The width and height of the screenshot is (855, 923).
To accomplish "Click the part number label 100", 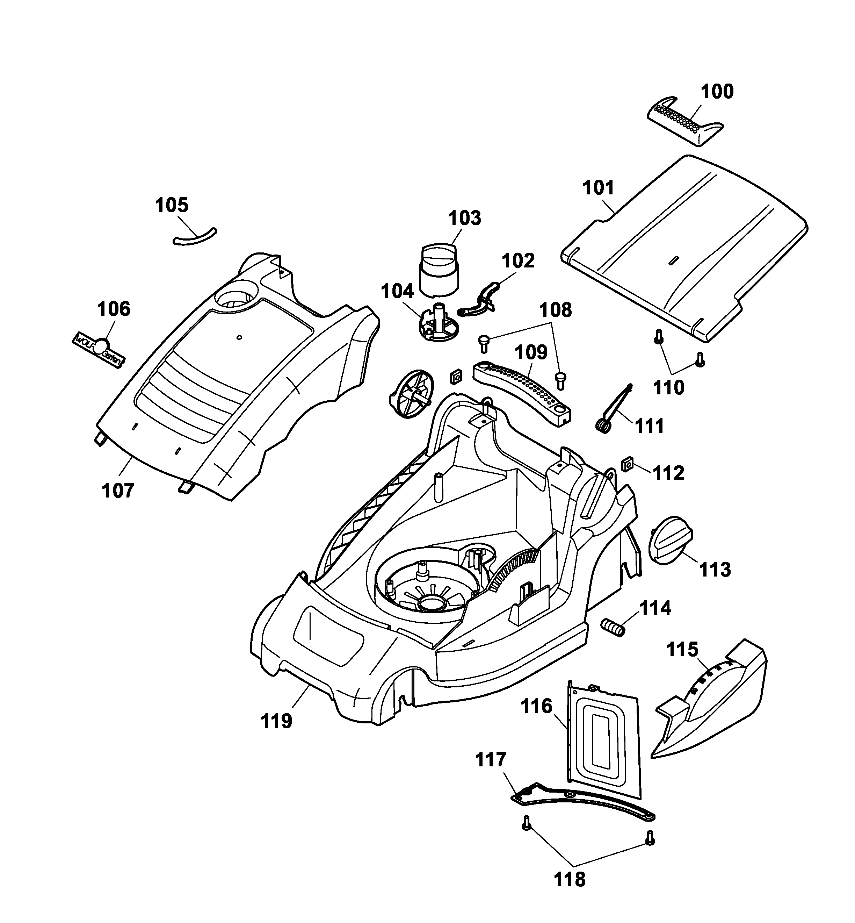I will pos(717,92).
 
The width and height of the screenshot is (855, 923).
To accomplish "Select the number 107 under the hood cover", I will pos(118,491).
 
